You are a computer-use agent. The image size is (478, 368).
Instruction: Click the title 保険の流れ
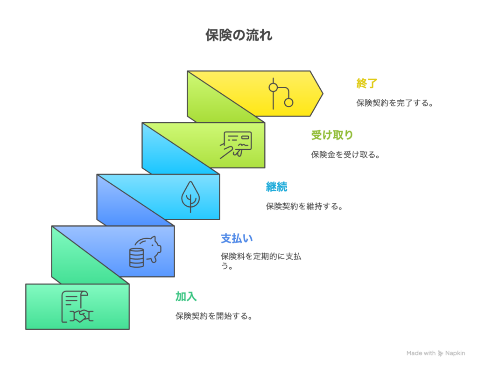(x=239, y=35)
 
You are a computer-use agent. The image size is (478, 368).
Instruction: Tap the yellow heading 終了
(x=367, y=83)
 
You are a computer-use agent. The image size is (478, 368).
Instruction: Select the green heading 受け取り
(x=332, y=135)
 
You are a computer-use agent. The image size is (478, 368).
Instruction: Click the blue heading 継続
(x=276, y=187)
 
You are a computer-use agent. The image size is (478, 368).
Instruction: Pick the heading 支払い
(x=237, y=238)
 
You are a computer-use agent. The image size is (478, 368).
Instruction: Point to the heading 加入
(x=186, y=296)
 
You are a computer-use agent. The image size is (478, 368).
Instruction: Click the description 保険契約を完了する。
(x=395, y=103)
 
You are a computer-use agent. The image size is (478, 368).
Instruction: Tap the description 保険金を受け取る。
(x=345, y=154)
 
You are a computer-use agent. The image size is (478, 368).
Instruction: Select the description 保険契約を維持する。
(x=304, y=206)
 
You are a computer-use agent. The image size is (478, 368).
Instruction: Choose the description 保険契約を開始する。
(x=214, y=316)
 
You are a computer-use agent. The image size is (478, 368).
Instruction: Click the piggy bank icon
(x=148, y=246)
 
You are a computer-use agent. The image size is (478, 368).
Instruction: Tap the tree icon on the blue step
(x=190, y=196)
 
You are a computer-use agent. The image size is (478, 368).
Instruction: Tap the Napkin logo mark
(x=441, y=354)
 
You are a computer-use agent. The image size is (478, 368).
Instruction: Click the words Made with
(x=421, y=354)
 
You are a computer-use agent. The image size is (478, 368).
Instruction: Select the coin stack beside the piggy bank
(x=136, y=257)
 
